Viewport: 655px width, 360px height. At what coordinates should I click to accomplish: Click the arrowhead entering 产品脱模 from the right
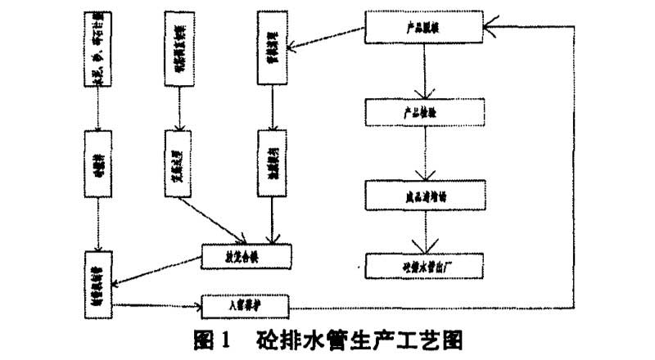click(x=493, y=26)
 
